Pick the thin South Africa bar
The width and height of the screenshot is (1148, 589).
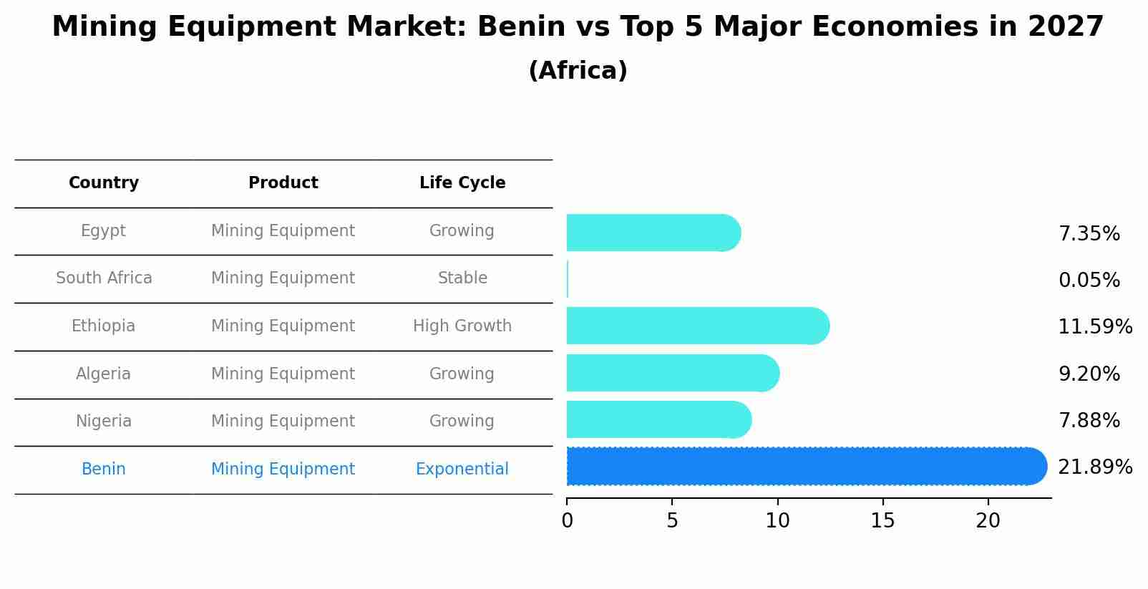pos(568,279)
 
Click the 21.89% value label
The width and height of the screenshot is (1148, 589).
pos(1094,467)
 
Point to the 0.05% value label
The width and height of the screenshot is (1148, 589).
pos(1089,281)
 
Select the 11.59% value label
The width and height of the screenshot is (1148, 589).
pos(1094,327)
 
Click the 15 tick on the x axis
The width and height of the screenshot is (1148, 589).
pos(882,521)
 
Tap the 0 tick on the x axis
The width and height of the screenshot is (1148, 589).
pos(568,521)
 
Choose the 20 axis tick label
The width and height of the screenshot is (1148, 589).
pos(988,521)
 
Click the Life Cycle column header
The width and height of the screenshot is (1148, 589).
pos(462,183)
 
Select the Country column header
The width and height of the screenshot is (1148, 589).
pos(104,183)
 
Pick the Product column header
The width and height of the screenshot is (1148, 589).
pos(283,183)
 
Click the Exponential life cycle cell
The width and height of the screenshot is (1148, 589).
pos(462,469)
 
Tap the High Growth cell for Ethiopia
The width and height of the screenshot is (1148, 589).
pos(462,326)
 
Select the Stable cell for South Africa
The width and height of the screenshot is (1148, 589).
pos(462,278)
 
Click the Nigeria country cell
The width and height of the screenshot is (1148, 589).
pos(104,422)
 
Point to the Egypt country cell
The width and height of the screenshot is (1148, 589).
pos(103,231)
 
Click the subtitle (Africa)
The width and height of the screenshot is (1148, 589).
pos(578,71)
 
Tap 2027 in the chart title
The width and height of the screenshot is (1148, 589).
pos(1066,27)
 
